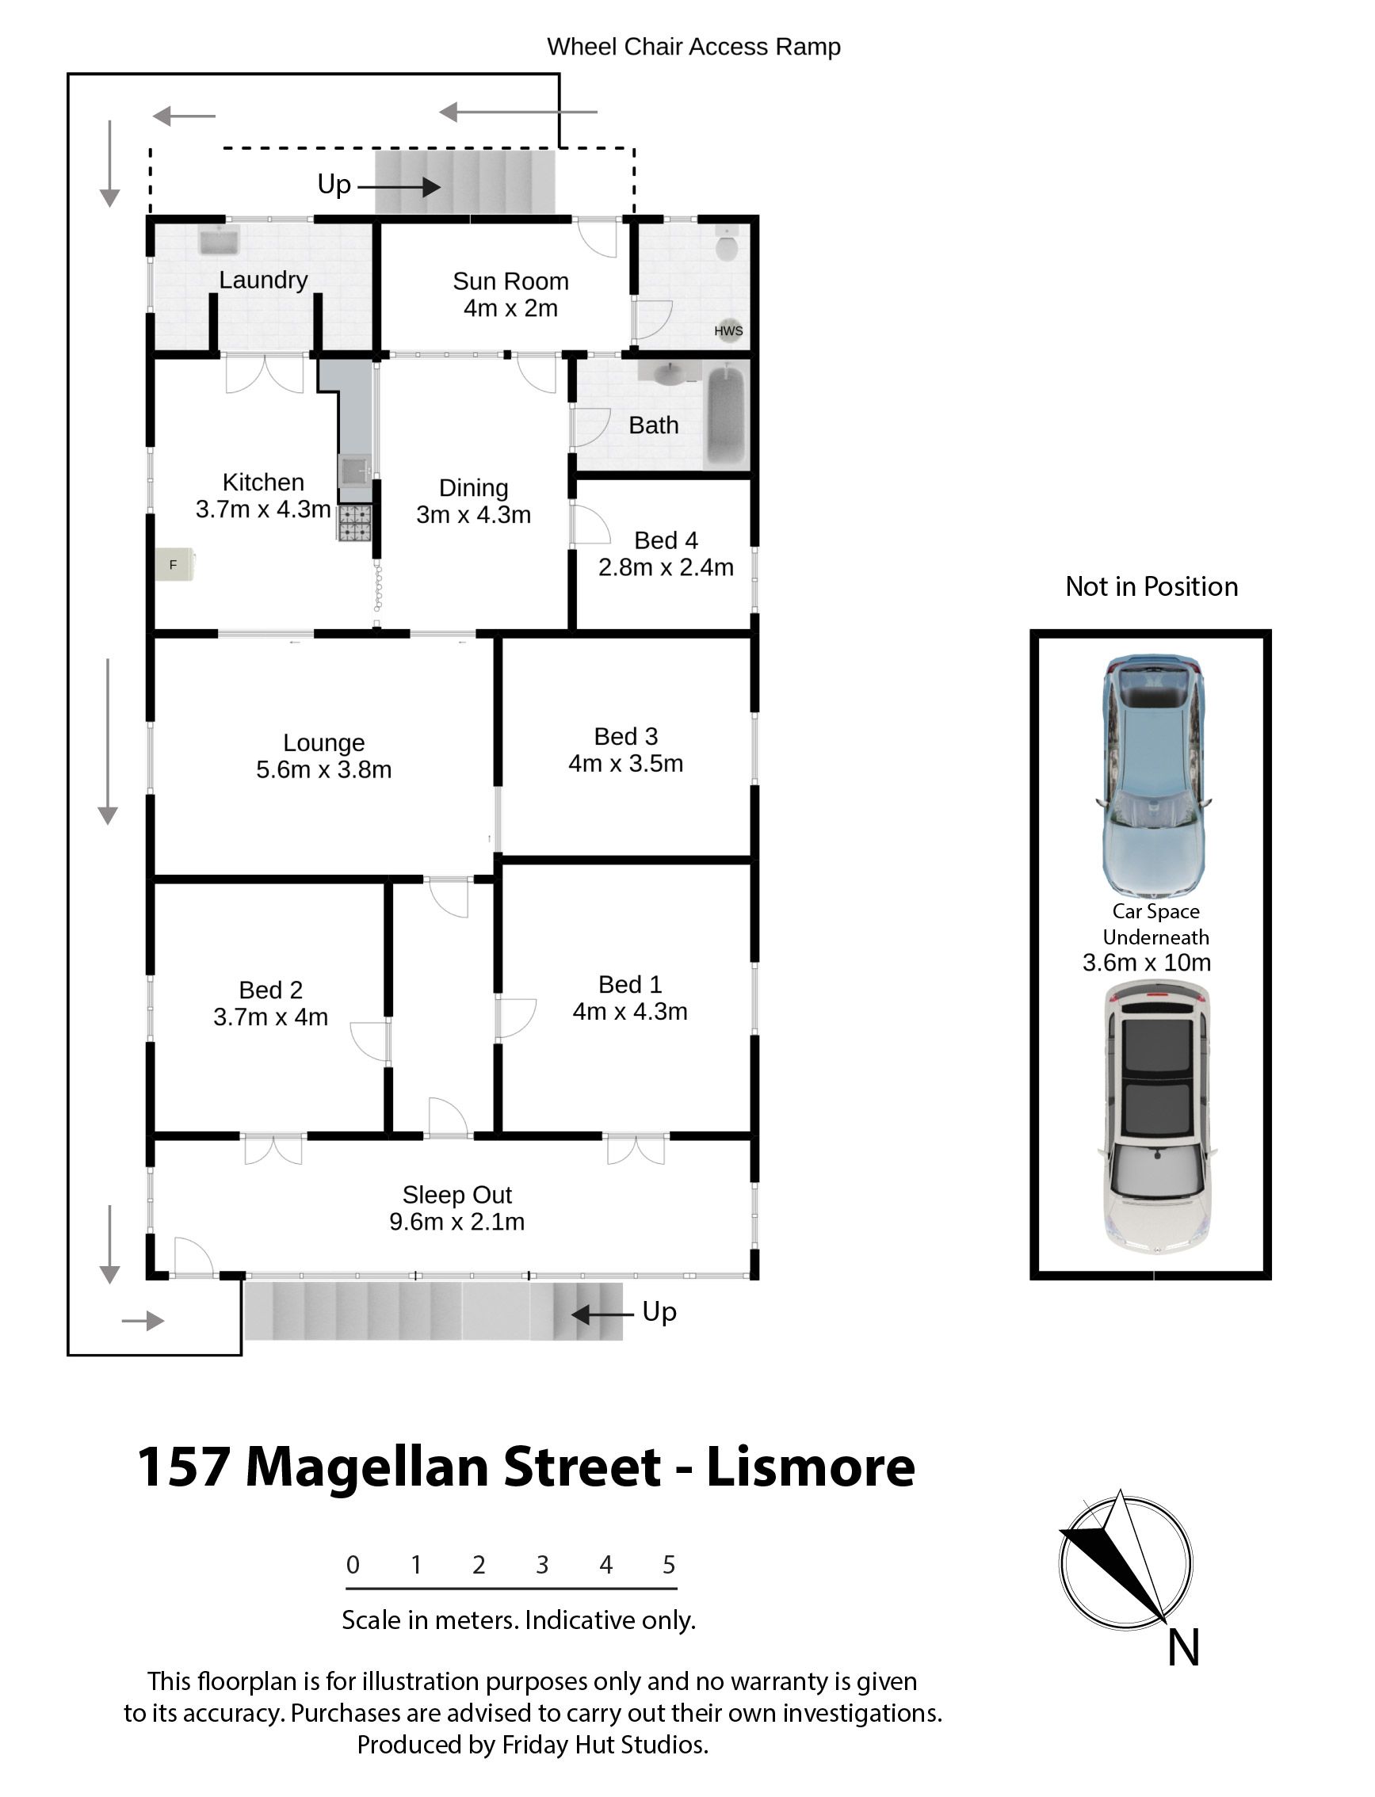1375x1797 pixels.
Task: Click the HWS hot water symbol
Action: (x=728, y=330)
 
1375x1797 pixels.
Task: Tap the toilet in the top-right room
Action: (x=726, y=243)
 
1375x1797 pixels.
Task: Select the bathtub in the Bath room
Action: (x=727, y=418)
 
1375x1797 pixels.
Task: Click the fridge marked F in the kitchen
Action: (x=174, y=565)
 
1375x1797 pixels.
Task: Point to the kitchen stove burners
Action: (x=353, y=523)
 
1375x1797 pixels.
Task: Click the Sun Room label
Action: (x=510, y=280)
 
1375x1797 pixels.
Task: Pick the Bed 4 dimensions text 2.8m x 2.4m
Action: (x=666, y=567)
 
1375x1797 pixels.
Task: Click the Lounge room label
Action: (x=324, y=743)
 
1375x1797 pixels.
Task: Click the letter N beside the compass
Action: (x=1183, y=1647)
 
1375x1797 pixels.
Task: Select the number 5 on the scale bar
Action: (x=669, y=1565)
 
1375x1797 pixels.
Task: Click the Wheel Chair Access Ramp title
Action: (x=694, y=47)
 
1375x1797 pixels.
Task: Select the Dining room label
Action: (x=474, y=488)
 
